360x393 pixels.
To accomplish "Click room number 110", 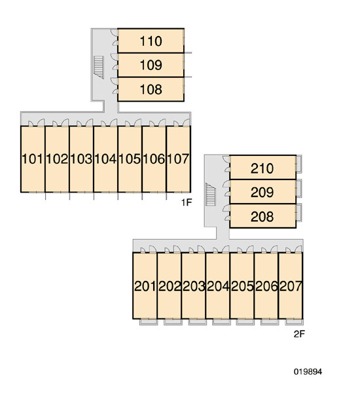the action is point(151,41).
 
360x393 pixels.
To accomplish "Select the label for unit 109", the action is point(151,65).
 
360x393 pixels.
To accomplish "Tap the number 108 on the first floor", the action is point(151,90).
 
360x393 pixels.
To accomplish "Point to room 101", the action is point(33,159).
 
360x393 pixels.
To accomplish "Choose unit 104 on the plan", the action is point(105,159).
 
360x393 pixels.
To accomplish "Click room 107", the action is point(178,159).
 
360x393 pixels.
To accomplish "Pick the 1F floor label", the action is point(187,202).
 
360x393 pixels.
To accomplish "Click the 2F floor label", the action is point(299,334).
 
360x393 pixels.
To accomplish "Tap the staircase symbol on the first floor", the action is point(99,67).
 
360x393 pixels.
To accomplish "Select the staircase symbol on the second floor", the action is point(211,195).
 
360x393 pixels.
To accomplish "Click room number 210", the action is point(262,168).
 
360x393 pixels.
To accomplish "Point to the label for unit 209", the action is point(262,193).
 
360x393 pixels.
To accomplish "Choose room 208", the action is point(262,217).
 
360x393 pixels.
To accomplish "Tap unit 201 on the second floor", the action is point(145,286).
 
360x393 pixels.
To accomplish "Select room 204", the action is point(218,286).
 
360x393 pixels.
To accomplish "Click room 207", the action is point(291,286).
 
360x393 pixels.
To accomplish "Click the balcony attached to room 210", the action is point(299,164).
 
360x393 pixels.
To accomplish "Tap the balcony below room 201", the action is point(149,322).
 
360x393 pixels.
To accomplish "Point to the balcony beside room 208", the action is point(299,213).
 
